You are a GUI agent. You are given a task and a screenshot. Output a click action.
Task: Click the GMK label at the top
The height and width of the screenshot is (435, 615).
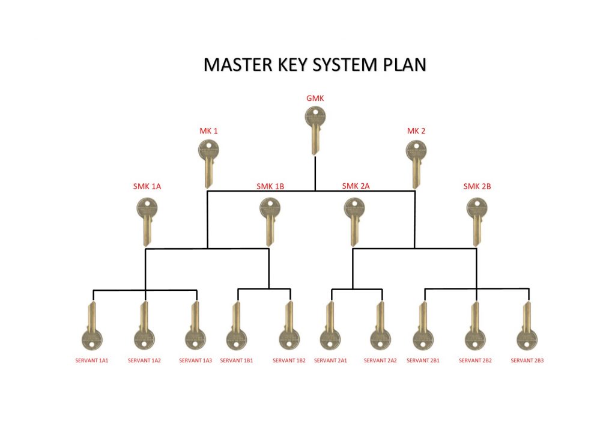[x=315, y=98]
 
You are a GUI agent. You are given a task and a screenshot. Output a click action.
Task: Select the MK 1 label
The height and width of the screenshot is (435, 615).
[x=208, y=131]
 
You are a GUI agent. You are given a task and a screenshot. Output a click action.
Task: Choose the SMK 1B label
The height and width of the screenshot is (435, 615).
[x=270, y=186]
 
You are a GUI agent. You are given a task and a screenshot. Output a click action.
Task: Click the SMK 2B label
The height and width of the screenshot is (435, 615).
[x=477, y=186]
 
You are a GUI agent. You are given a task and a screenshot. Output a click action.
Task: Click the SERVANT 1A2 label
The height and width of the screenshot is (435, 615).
[x=144, y=360]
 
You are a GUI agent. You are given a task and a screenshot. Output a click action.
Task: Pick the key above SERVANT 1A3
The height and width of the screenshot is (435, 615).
[x=195, y=327]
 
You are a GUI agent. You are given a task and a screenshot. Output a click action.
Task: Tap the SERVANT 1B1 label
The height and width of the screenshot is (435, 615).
[x=237, y=360]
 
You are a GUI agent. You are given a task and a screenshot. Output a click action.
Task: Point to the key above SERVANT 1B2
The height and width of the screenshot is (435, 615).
[x=289, y=327]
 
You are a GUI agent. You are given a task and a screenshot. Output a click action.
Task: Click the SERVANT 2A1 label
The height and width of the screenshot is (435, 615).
[x=330, y=360]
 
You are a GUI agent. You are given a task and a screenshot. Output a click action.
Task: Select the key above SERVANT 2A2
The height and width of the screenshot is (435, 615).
[x=380, y=327]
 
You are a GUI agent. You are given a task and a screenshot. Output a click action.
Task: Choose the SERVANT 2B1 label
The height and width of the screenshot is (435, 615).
[x=423, y=360]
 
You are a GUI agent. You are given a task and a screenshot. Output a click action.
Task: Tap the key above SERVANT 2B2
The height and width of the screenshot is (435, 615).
[x=476, y=327]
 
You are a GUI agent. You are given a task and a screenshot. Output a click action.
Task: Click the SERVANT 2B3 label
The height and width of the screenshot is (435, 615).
[x=527, y=360]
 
